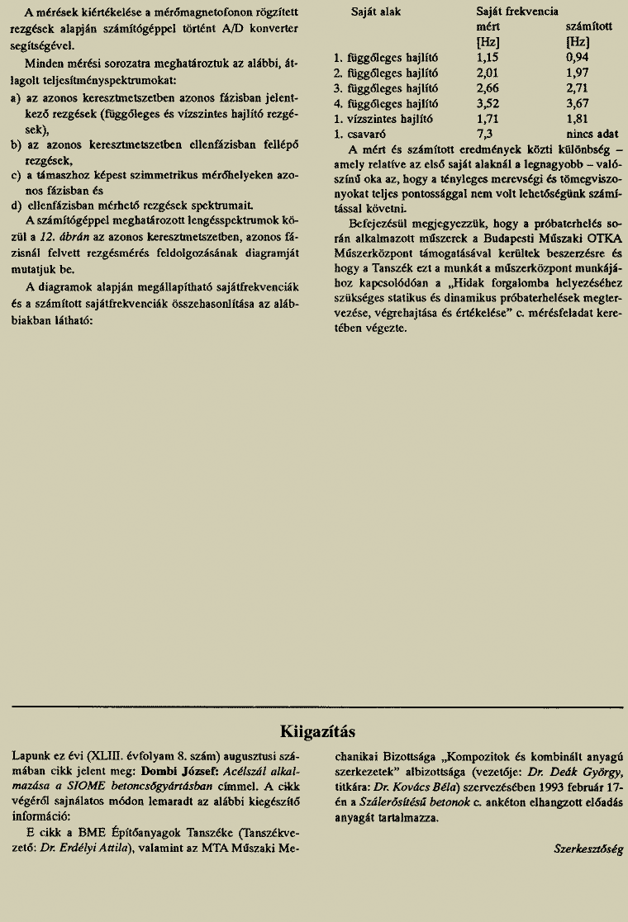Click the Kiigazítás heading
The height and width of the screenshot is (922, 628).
(x=318, y=731)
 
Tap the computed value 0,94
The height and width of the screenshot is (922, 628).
(x=578, y=58)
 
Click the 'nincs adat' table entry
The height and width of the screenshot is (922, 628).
(x=592, y=134)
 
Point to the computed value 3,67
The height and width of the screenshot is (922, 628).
(x=578, y=104)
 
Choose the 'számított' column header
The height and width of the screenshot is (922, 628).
(x=589, y=27)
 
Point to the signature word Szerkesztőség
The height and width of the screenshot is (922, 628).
(x=588, y=849)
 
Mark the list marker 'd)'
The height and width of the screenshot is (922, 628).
(x=17, y=206)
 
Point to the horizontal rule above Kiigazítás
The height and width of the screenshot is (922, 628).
(x=318, y=707)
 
